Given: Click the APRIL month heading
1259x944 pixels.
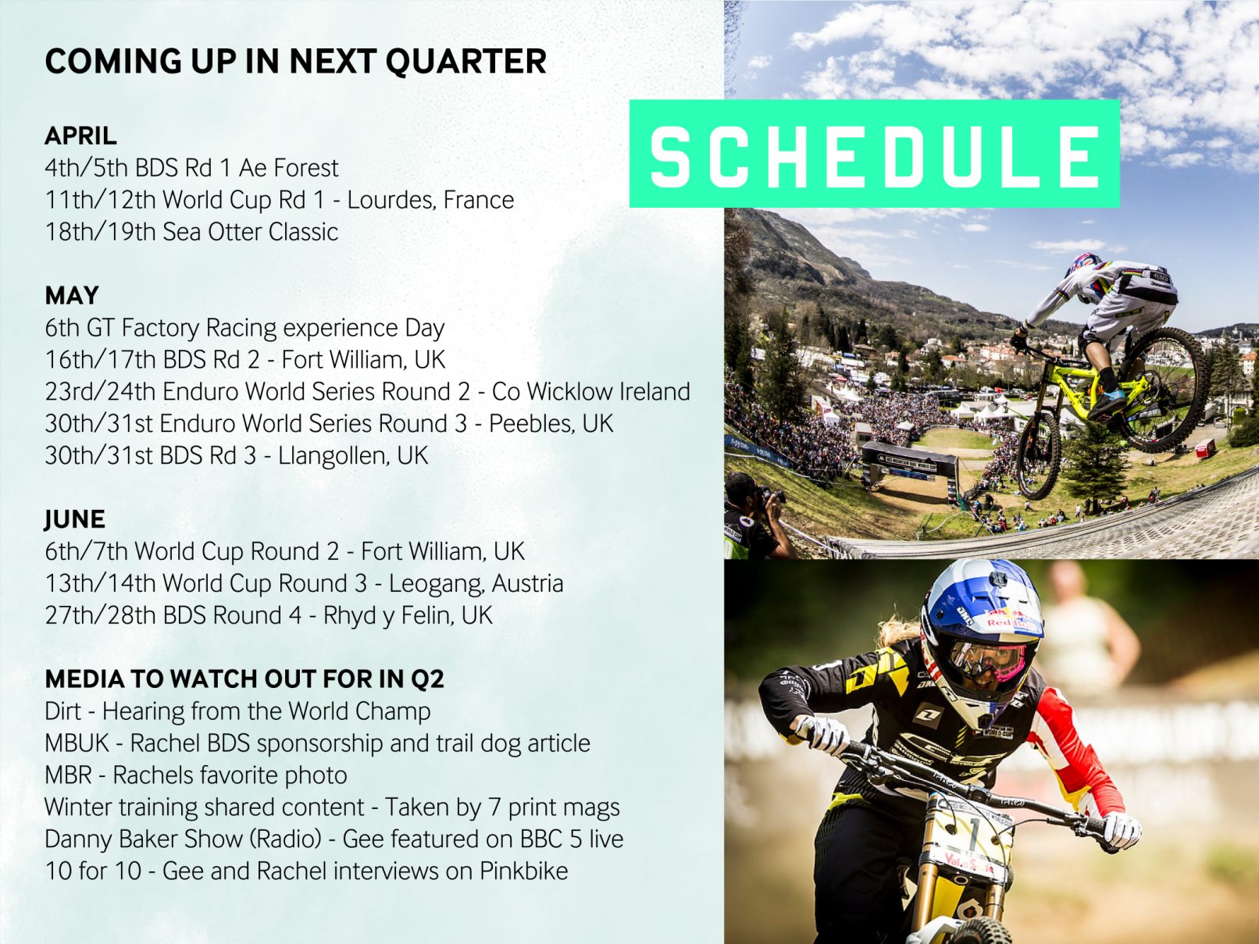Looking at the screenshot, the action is pyautogui.click(x=81, y=136).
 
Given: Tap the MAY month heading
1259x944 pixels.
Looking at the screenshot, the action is pyautogui.click(x=72, y=296).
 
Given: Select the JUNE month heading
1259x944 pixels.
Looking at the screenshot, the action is pyautogui.click(x=74, y=519).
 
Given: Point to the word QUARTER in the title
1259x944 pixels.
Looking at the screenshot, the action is pyautogui.click(x=465, y=62).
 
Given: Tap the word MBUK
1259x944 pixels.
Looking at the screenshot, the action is pyautogui.click(x=77, y=743).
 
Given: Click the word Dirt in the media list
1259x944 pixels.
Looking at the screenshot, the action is pyautogui.click(x=62, y=711).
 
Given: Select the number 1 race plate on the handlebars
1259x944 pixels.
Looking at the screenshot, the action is pyautogui.click(x=970, y=838).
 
